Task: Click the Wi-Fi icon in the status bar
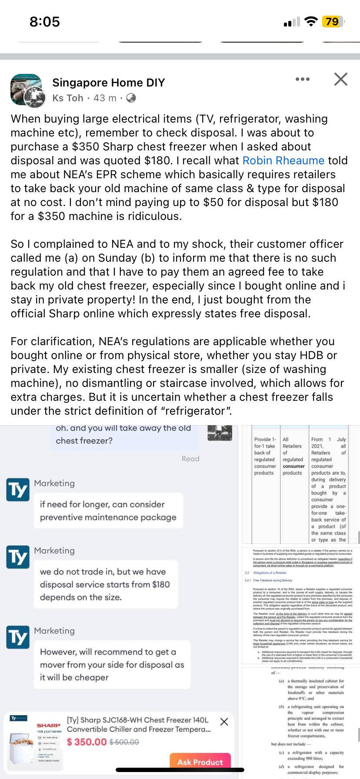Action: (x=310, y=22)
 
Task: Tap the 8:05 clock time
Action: (x=44, y=22)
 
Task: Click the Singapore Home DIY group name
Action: (x=108, y=83)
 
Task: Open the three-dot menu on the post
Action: (x=302, y=79)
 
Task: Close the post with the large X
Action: (x=340, y=79)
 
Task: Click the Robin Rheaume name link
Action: (x=283, y=160)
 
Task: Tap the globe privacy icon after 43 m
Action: (x=131, y=98)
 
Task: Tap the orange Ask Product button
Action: (x=200, y=762)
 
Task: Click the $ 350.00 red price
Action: (x=87, y=742)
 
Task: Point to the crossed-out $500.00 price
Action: (x=124, y=742)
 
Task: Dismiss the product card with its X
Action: (x=224, y=722)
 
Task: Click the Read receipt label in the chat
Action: (x=190, y=459)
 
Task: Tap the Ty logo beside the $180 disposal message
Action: (x=18, y=557)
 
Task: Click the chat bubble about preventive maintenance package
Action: (x=108, y=511)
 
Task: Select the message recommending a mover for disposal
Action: (x=112, y=664)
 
